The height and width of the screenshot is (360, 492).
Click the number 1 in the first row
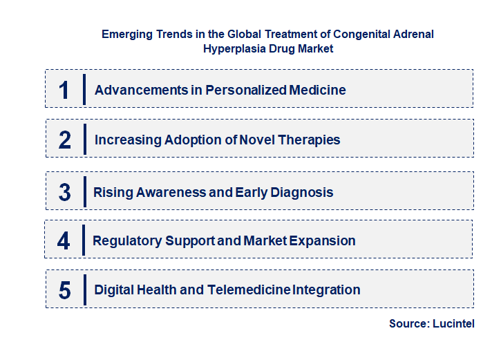(x=64, y=90)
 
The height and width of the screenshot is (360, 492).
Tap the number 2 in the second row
(x=65, y=140)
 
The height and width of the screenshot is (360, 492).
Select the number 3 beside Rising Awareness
(x=65, y=192)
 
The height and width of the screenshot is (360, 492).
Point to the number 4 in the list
(x=64, y=241)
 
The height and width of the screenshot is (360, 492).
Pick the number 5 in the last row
(x=65, y=290)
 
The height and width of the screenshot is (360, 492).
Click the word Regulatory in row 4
(x=127, y=241)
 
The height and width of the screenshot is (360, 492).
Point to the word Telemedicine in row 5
(x=249, y=290)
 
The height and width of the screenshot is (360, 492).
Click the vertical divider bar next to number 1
(x=84, y=90)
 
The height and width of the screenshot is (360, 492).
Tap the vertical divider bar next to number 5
(x=84, y=290)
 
